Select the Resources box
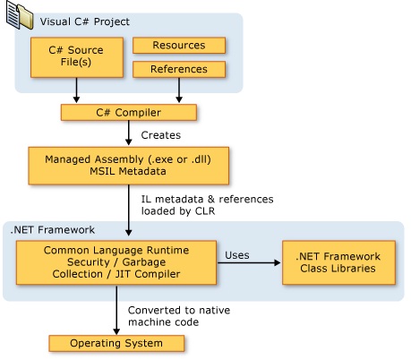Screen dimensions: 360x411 180,45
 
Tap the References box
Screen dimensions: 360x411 180,69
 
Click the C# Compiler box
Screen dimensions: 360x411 127,112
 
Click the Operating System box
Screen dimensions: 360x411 117,342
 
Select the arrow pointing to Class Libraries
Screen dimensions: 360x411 253,262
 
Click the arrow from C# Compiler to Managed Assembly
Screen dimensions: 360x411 129,133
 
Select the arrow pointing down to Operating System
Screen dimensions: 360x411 117,310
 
